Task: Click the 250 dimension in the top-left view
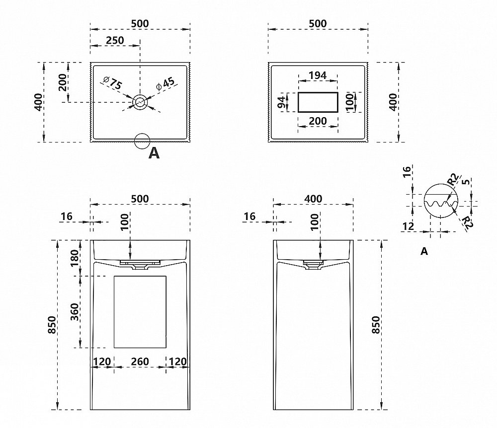pyautogui.click(x=115, y=40)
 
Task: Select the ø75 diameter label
pyautogui.click(x=112, y=83)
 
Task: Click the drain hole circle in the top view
pyautogui.click(x=140, y=102)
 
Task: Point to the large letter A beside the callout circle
pyautogui.click(x=154, y=154)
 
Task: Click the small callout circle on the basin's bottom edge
pyautogui.click(x=142, y=141)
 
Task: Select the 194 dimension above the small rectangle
pyautogui.click(x=318, y=75)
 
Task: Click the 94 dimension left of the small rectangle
pyautogui.click(x=282, y=102)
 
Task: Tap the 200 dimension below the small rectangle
pyautogui.click(x=318, y=121)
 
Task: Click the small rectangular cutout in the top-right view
pyautogui.click(x=318, y=102)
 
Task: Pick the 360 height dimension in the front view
pyautogui.click(x=75, y=312)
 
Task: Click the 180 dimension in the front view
pyautogui.click(x=75, y=258)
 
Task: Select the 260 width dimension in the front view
pyautogui.click(x=140, y=361)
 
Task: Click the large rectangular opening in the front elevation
pyautogui.click(x=140, y=311)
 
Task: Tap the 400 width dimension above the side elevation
pyautogui.click(x=313, y=199)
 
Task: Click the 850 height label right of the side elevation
pyautogui.click(x=376, y=325)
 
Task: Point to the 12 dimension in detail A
pyautogui.click(x=409, y=226)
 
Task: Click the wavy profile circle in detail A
pyautogui.click(x=441, y=201)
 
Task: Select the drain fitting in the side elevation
pyautogui.click(x=313, y=265)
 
